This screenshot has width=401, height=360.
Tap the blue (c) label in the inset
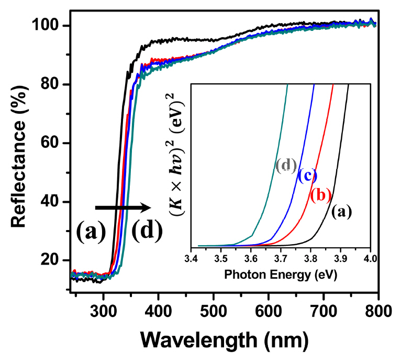pyautogui.click(x=307, y=175)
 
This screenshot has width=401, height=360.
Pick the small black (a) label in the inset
pyautogui.click(x=341, y=212)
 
